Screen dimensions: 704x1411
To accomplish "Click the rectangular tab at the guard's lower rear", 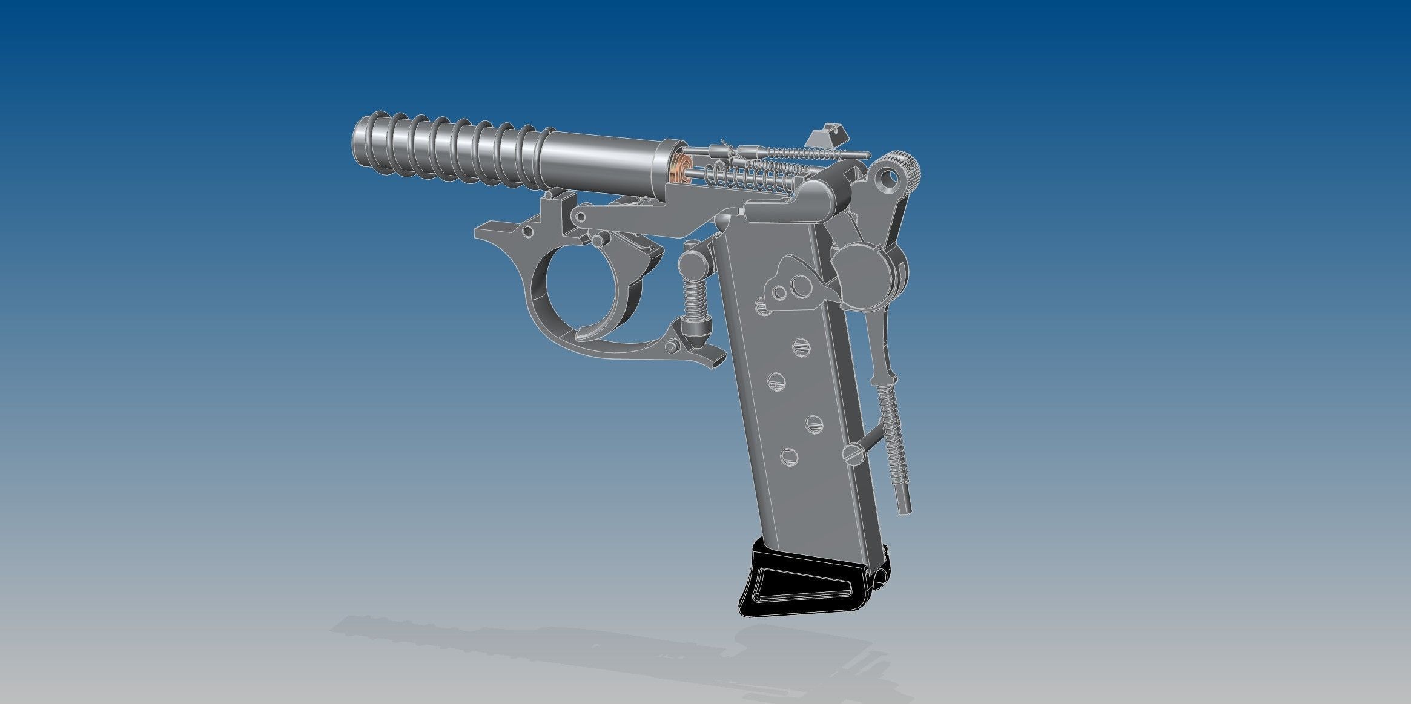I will point(715,360).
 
